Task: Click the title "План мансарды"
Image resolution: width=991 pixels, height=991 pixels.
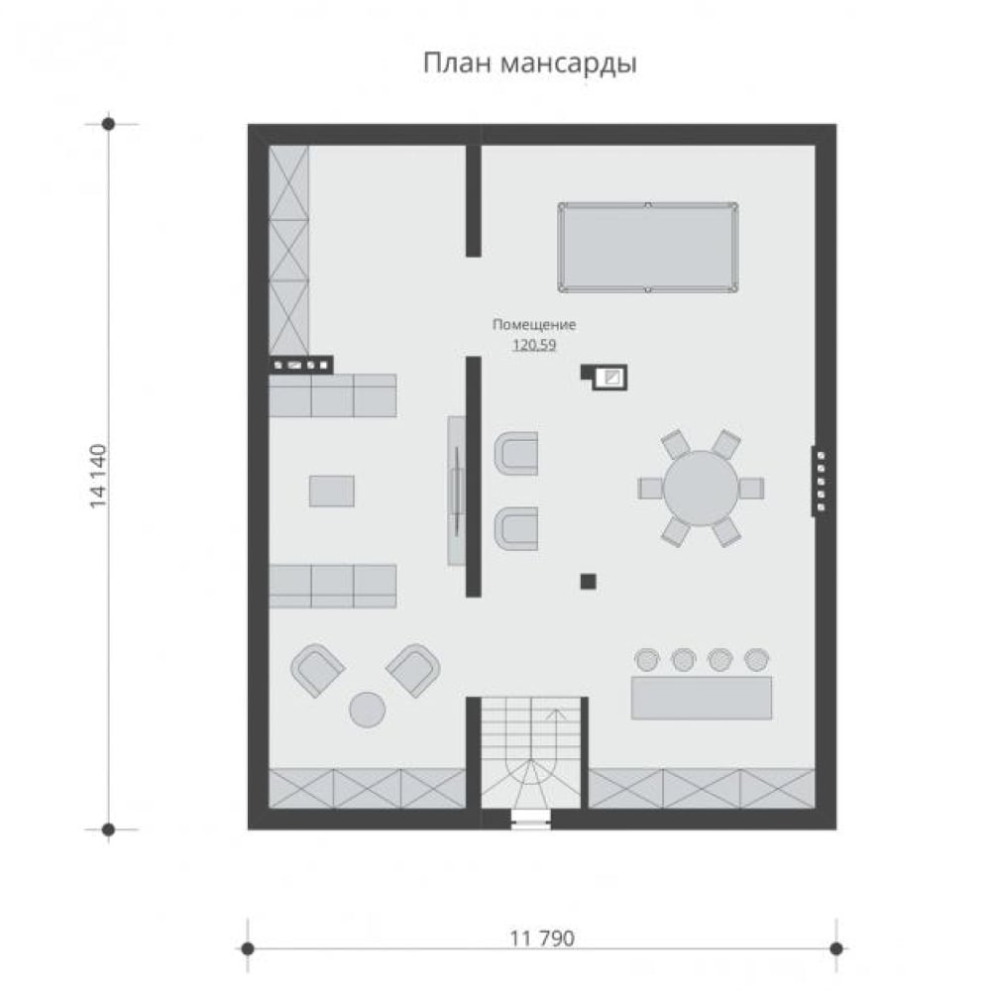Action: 529,63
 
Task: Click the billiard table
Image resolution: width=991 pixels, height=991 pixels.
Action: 648,248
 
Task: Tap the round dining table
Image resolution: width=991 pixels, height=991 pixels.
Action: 701,488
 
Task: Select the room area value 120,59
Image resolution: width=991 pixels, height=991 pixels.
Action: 534,345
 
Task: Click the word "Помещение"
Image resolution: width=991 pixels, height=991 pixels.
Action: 534,325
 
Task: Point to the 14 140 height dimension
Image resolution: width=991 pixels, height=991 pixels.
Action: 98,476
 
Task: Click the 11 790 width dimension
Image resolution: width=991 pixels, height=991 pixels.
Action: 542,938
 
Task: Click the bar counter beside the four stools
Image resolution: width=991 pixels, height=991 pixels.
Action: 702,698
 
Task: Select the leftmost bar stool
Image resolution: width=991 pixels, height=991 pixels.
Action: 646,659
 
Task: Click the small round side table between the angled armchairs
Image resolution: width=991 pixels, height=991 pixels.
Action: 368,710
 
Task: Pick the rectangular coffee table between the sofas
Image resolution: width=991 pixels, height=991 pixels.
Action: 332,492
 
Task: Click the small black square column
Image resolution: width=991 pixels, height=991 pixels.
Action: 588,581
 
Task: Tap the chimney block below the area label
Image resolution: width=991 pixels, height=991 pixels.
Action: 605,377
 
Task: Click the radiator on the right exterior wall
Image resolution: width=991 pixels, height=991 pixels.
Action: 820,481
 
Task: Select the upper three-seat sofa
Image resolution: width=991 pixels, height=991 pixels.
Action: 333,395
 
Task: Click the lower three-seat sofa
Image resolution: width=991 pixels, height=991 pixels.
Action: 333,586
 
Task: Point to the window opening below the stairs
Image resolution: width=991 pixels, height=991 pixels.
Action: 531,820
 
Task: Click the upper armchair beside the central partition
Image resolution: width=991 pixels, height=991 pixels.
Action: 516,453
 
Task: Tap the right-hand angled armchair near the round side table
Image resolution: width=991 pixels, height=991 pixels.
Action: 413,670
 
